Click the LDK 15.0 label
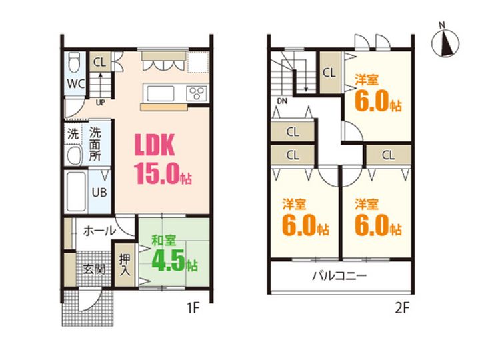(x=163, y=159)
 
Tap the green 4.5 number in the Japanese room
(x=169, y=260)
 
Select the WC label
(x=76, y=83)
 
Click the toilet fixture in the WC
(x=74, y=62)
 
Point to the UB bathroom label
(x=99, y=192)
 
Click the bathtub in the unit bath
(x=76, y=191)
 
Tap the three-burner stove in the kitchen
(x=197, y=93)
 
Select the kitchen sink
(x=161, y=94)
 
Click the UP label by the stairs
(x=100, y=103)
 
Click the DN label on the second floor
(x=282, y=101)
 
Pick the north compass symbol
(x=445, y=41)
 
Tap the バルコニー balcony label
(x=339, y=276)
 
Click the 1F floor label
(x=193, y=308)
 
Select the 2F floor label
(x=402, y=308)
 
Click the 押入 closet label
(x=125, y=265)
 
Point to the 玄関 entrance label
(x=94, y=269)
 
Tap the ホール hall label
(x=99, y=231)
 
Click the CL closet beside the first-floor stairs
(x=99, y=62)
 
